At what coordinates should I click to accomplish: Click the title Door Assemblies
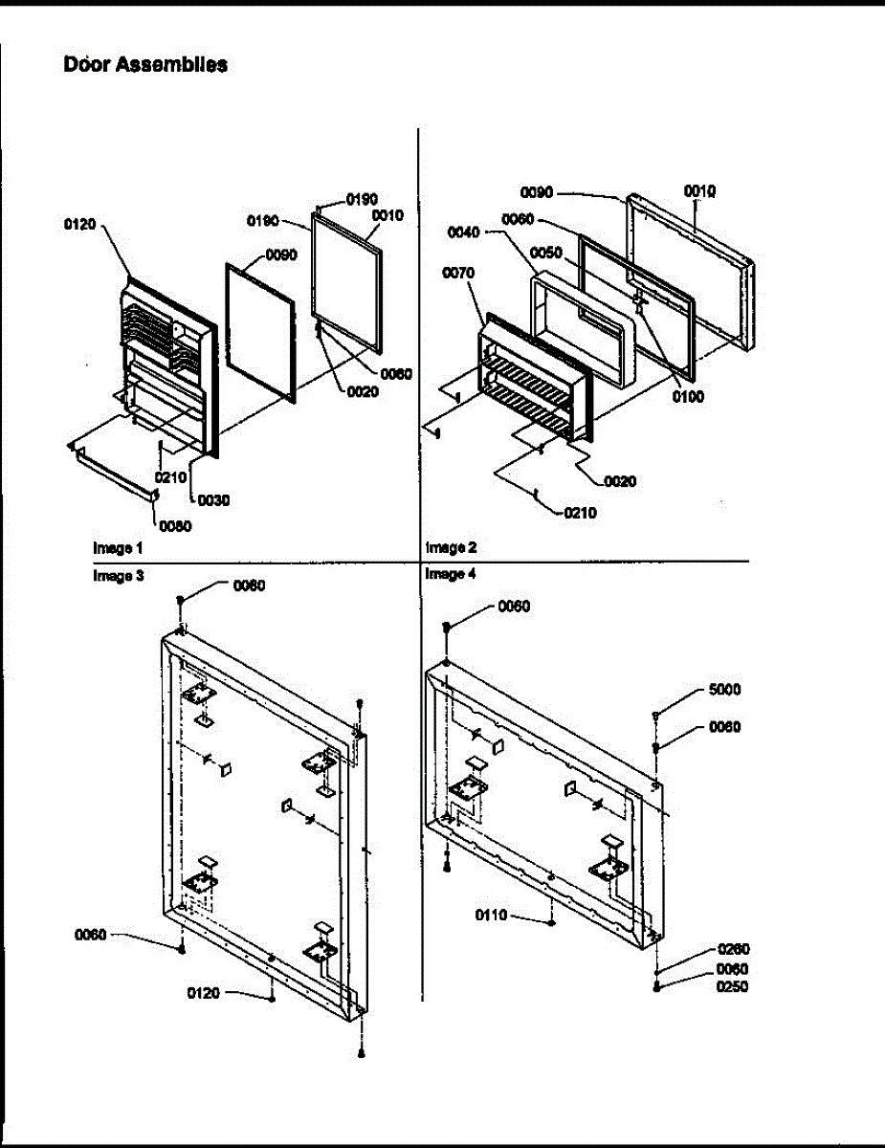(145, 64)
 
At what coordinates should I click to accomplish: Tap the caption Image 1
(118, 548)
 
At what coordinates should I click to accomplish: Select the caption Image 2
(452, 547)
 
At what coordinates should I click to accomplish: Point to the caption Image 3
(119, 575)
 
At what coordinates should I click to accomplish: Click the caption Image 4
(451, 574)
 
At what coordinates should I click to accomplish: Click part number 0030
(213, 500)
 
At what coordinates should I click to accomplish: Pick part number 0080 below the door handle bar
(175, 526)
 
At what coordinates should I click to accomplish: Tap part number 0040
(463, 232)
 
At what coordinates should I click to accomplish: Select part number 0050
(545, 254)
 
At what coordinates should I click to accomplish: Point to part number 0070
(458, 274)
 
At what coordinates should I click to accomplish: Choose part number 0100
(688, 397)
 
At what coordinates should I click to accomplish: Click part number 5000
(724, 690)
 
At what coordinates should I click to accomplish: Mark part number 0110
(492, 916)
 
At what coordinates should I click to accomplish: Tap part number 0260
(734, 949)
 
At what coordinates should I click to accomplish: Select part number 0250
(732, 987)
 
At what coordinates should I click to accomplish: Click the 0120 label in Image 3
(204, 994)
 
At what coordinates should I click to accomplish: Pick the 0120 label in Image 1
(79, 225)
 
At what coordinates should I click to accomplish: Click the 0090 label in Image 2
(537, 192)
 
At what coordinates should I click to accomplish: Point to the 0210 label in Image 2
(580, 513)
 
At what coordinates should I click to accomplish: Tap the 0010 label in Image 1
(387, 215)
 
